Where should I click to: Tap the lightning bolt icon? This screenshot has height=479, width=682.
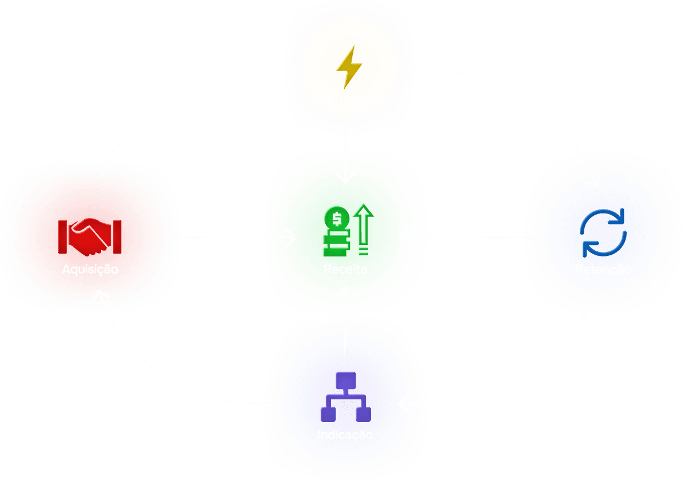(349, 67)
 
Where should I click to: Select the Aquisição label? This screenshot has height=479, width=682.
(90, 269)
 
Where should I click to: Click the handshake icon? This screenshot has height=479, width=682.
(90, 236)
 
